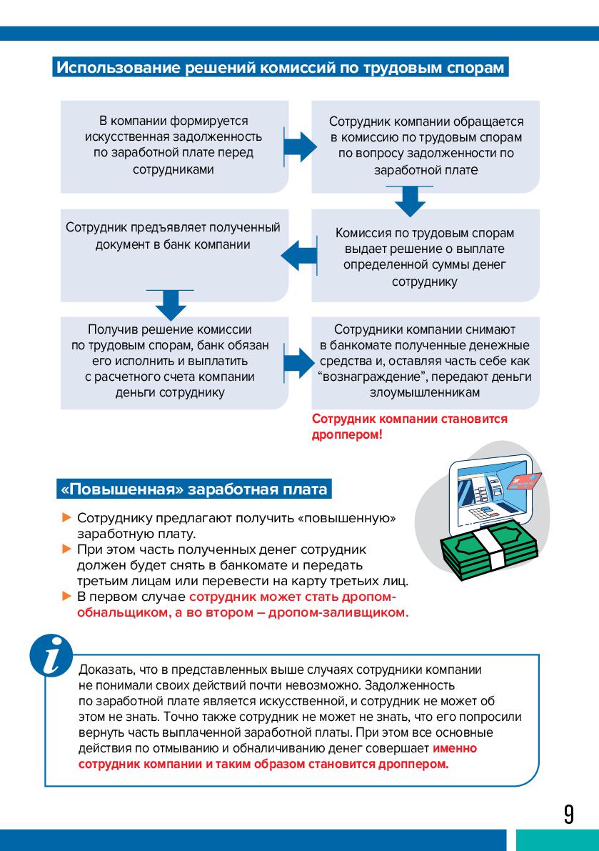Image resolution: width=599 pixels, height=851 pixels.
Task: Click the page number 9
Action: pyautogui.click(x=568, y=814)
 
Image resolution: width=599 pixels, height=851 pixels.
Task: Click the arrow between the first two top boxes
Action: pyautogui.click(x=300, y=146)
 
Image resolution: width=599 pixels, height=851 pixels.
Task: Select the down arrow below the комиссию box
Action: pyautogui.click(x=410, y=200)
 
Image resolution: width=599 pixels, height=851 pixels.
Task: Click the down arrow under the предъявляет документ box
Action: pyautogui.click(x=170, y=304)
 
